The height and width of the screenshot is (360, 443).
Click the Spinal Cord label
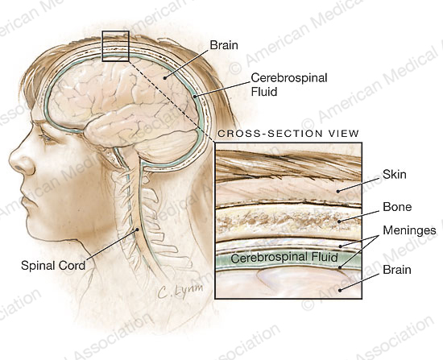pyautogui.click(x=53, y=266)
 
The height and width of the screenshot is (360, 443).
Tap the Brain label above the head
pyautogui.click(x=224, y=45)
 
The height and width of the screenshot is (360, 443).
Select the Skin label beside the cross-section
pyautogui.click(x=395, y=174)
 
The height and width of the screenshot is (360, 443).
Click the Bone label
pyautogui.click(x=397, y=207)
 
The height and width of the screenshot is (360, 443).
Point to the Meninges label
pyautogui.click(x=409, y=230)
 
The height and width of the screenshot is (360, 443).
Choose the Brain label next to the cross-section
pyautogui.click(x=396, y=270)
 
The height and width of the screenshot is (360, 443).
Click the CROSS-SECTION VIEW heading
pyautogui.click(x=288, y=134)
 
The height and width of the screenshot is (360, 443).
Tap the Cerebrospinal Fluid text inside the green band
pyautogui.click(x=284, y=258)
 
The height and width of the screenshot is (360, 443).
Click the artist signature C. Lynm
pyautogui.click(x=180, y=290)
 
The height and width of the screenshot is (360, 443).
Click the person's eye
pyautogui.click(x=47, y=139)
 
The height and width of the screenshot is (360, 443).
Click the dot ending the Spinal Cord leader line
pyautogui.click(x=137, y=230)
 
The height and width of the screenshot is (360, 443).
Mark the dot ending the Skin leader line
pyautogui.click(x=338, y=192)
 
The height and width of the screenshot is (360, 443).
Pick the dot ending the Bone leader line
pyautogui.click(x=339, y=221)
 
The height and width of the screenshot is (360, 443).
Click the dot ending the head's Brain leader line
pyautogui.click(x=165, y=77)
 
